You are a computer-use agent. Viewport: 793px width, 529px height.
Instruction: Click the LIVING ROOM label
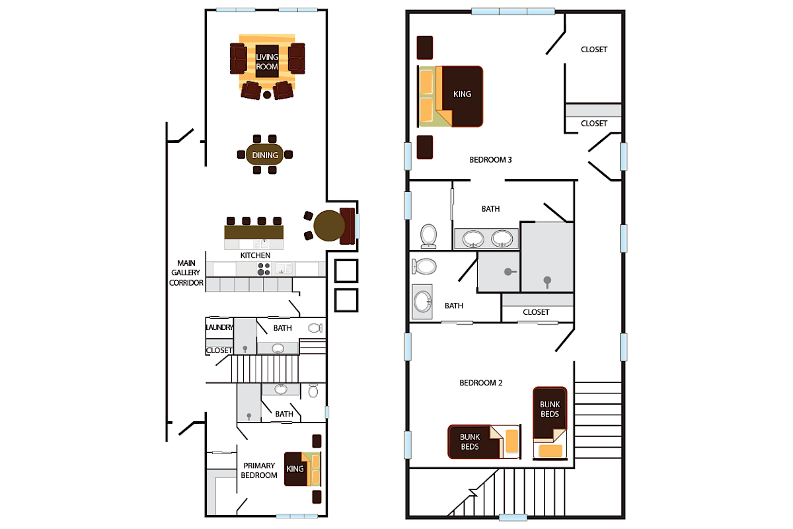[x=267, y=61]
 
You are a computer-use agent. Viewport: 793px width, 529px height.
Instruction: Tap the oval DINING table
[x=265, y=155]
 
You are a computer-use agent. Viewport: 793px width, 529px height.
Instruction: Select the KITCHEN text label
[x=255, y=255]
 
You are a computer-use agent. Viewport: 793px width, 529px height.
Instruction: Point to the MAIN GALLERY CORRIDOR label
[x=186, y=272]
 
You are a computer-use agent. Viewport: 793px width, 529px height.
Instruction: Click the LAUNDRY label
[x=219, y=327]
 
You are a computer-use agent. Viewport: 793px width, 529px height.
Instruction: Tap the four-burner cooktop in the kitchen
[x=264, y=268]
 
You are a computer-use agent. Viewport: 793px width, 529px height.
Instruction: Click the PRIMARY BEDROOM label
[x=258, y=470]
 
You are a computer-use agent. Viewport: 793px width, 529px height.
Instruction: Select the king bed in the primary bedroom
[x=302, y=469]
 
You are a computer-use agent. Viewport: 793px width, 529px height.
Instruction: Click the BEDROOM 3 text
[x=490, y=159]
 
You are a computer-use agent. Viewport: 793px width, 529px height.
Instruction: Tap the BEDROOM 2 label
[x=480, y=383]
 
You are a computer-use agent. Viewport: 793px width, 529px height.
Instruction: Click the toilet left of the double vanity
[x=429, y=235]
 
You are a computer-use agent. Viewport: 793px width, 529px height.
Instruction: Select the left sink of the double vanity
[x=472, y=237]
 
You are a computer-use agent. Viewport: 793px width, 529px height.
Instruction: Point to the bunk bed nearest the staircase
[x=549, y=423]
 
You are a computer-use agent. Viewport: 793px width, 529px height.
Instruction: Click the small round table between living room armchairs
[x=267, y=95]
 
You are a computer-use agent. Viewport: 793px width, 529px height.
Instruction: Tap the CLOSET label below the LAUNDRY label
[x=219, y=350]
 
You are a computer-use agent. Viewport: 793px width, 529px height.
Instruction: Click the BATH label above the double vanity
[x=490, y=209]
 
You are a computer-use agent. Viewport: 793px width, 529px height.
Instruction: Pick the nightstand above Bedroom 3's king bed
[x=425, y=48]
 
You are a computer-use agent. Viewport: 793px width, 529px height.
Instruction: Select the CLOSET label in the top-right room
[x=593, y=50]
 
